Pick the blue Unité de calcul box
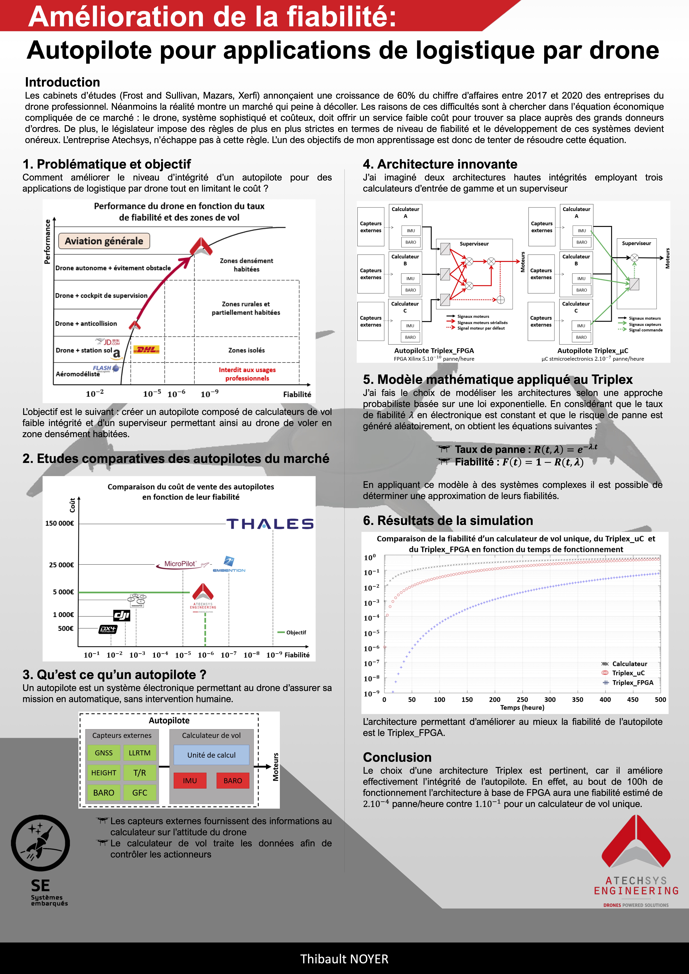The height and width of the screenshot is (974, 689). pyautogui.click(x=211, y=755)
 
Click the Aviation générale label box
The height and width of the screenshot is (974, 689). pyautogui.click(x=104, y=241)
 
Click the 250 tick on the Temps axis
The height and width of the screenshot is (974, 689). pyautogui.click(x=522, y=700)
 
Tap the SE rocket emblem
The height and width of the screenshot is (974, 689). pyautogui.click(x=40, y=843)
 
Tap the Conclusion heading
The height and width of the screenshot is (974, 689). pyautogui.click(x=397, y=757)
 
